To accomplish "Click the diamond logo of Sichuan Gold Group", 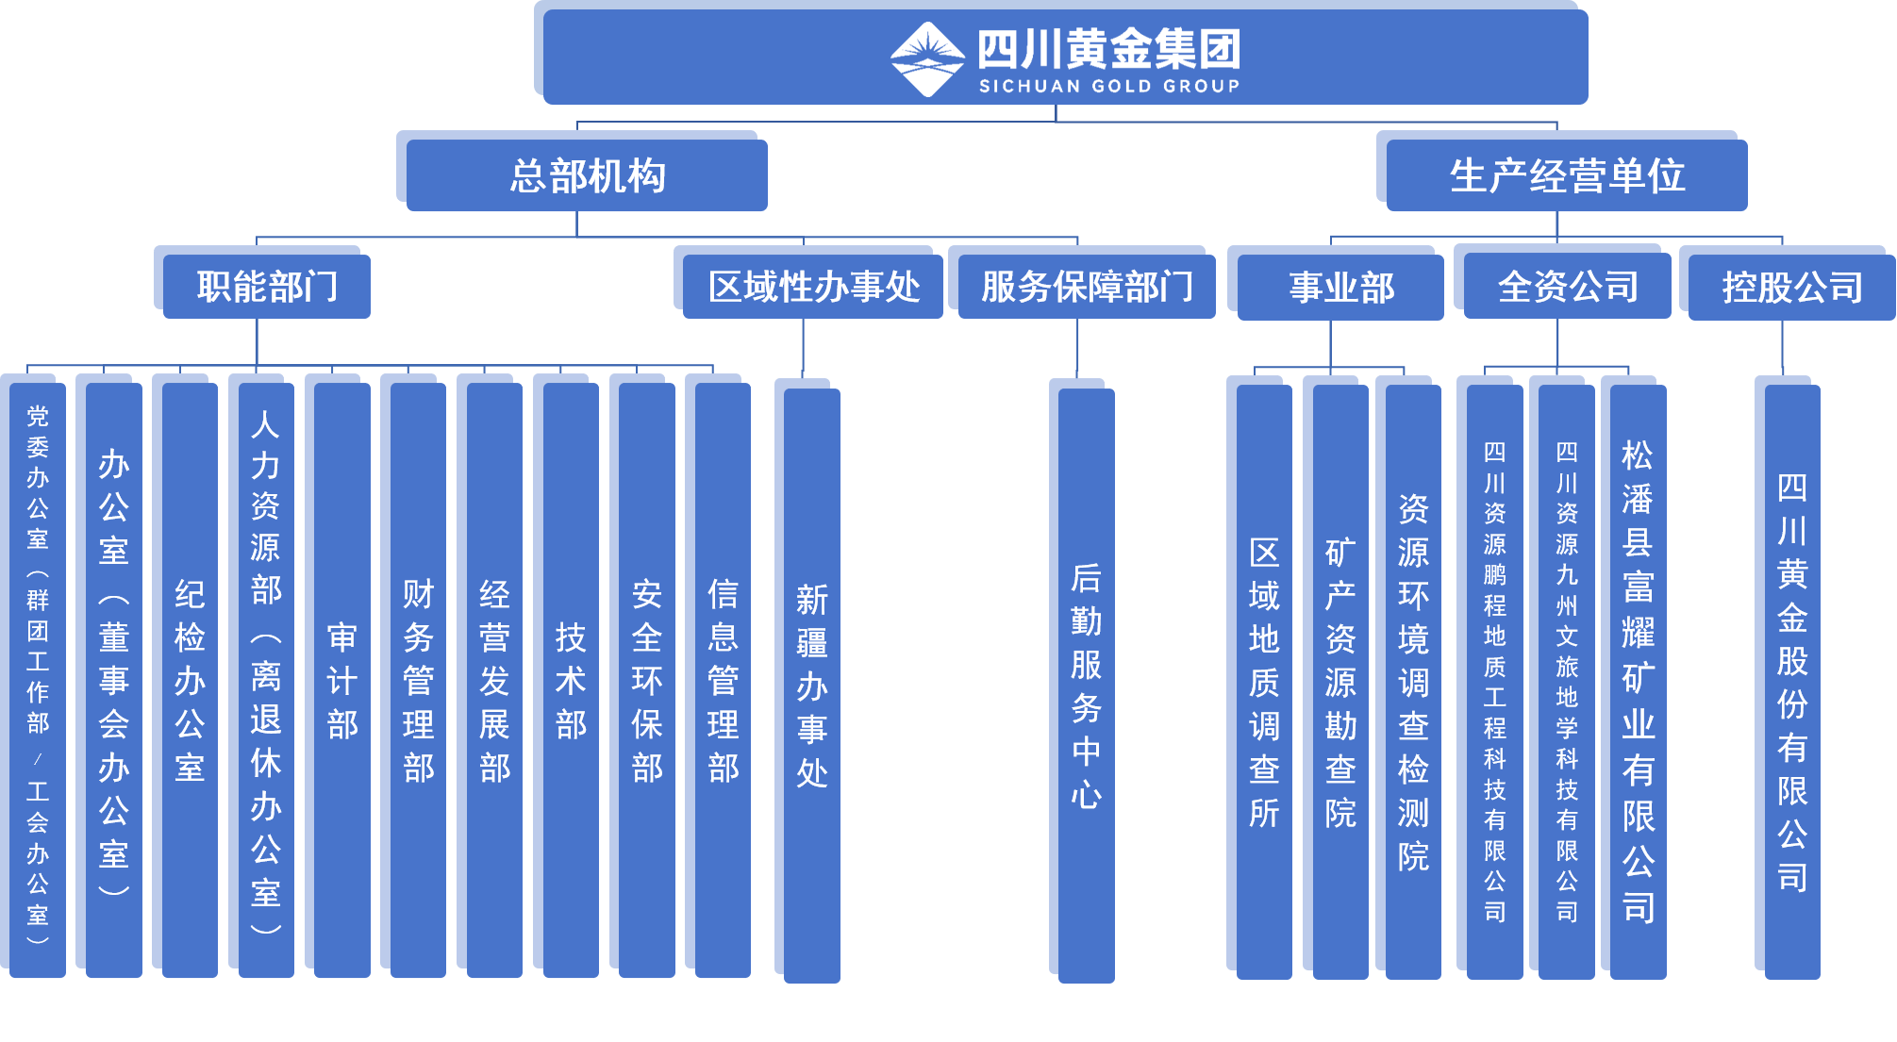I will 927,58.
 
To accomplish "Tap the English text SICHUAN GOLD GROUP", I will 1109,86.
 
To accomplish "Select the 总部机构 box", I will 587,176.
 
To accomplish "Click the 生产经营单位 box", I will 1566,176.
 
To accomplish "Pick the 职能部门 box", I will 266,287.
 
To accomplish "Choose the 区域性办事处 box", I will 812,287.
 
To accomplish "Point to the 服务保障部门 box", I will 1086,287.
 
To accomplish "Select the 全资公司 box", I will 1567,287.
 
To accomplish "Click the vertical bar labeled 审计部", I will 341,679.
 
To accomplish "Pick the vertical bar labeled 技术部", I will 570,679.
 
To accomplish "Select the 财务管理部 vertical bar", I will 418,679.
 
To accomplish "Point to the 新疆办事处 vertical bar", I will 811,686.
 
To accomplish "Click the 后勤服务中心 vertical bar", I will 1086,686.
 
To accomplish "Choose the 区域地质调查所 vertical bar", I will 1264,682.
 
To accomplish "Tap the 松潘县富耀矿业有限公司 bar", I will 1638,682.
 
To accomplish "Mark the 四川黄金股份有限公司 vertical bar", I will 1791,682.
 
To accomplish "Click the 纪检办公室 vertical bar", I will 190,679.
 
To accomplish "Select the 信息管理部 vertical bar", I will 723,679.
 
